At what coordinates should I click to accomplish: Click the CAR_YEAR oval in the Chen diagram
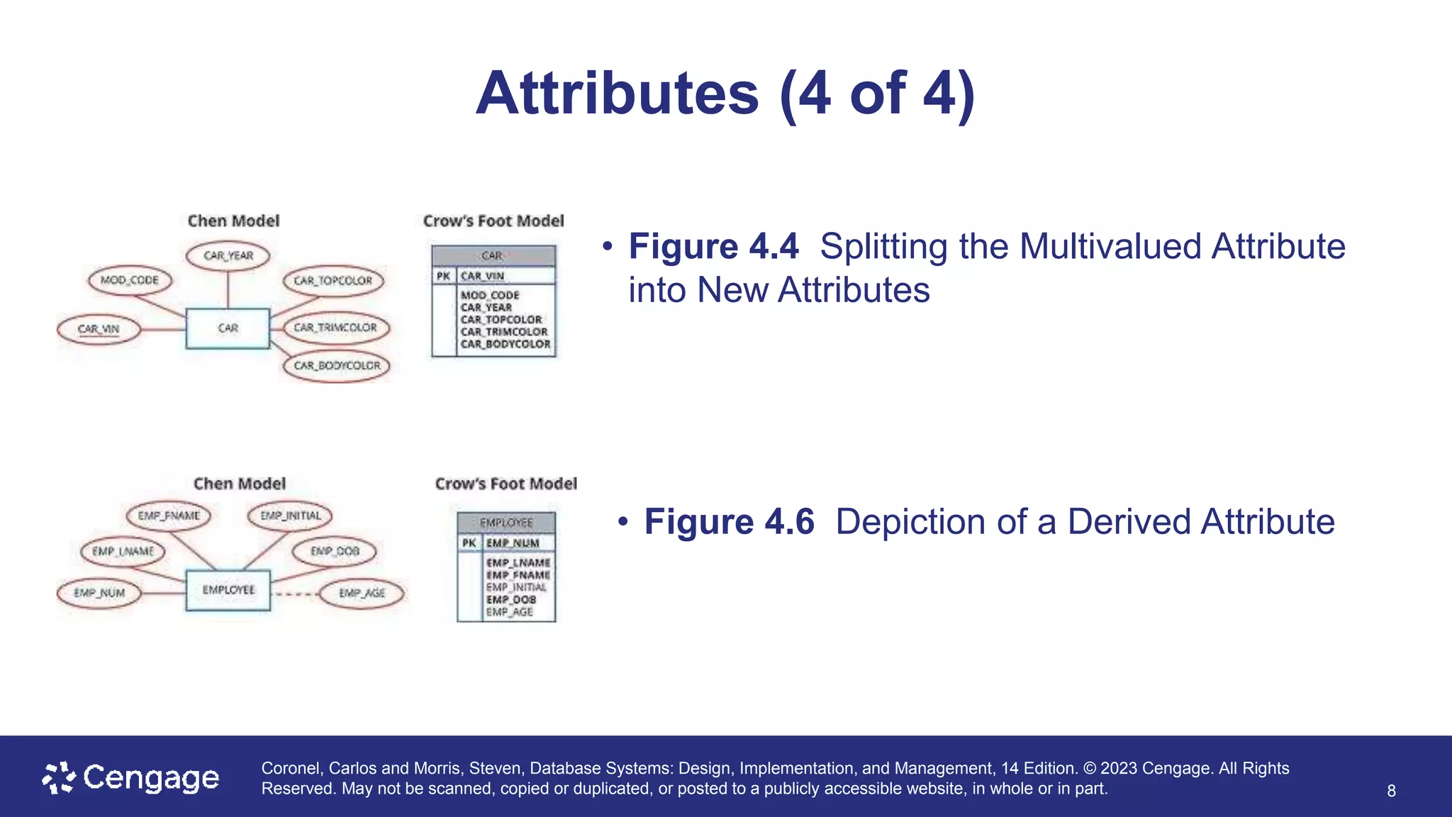pyautogui.click(x=228, y=256)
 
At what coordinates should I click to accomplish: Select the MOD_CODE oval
pyautogui.click(x=130, y=280)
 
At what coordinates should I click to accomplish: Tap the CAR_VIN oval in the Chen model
pyautogui.click(x=99, y=329)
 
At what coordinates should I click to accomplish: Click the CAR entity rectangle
pyautogui.click(x=228, y=328)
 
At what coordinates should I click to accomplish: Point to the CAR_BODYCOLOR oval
pyautogui.click(x=337, y=366)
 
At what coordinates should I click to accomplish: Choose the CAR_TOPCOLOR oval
pyautogui.click(x=333, y=281)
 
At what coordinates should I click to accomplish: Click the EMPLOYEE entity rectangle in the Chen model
pyautogui.click(x=228, y=590)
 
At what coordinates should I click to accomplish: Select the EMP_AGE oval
pyautogui.click(x=362, y=593)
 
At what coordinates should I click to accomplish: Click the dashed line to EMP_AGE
pyautogui.click(x=294, y=594)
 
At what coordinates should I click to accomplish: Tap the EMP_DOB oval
pyautogui.click(x=335, y=551)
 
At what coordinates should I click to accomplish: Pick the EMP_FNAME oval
pyautogui.click(x=169, y=516)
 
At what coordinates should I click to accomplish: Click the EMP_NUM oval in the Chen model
pyautogui.click(x=99, y=593)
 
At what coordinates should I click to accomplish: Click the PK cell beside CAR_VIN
pyautogui.click(x=444, y=276)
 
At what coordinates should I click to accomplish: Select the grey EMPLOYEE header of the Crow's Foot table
pyautogui.click(x=506, y=523)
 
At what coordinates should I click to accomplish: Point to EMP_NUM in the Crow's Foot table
pyautogui.click(x=513, y=543)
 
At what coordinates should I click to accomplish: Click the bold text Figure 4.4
pyautogui.click(x=713, y=247)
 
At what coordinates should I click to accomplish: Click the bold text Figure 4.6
pyautogui.click(x=729, y=522)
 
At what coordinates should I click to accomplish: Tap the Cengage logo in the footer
pyautogui.click(x=131, y=778)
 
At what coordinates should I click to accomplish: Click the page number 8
pyautogui.click(x=1391, y=791)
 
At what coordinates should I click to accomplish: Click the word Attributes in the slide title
pyautogui.click(x=617, y=94)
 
